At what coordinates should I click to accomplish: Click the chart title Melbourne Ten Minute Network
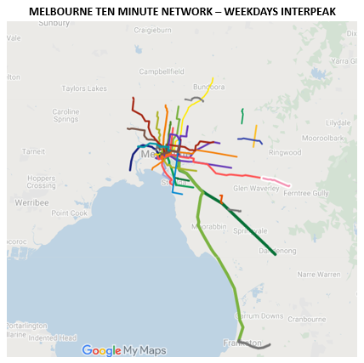182,10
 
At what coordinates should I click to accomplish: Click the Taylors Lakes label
84,88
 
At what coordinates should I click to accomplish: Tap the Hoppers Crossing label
41,181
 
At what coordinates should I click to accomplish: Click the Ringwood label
284,153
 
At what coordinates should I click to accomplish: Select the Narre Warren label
320,275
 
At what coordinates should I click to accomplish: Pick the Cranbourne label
307,319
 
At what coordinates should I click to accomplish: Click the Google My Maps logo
124,350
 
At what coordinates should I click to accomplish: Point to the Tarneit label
33,151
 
